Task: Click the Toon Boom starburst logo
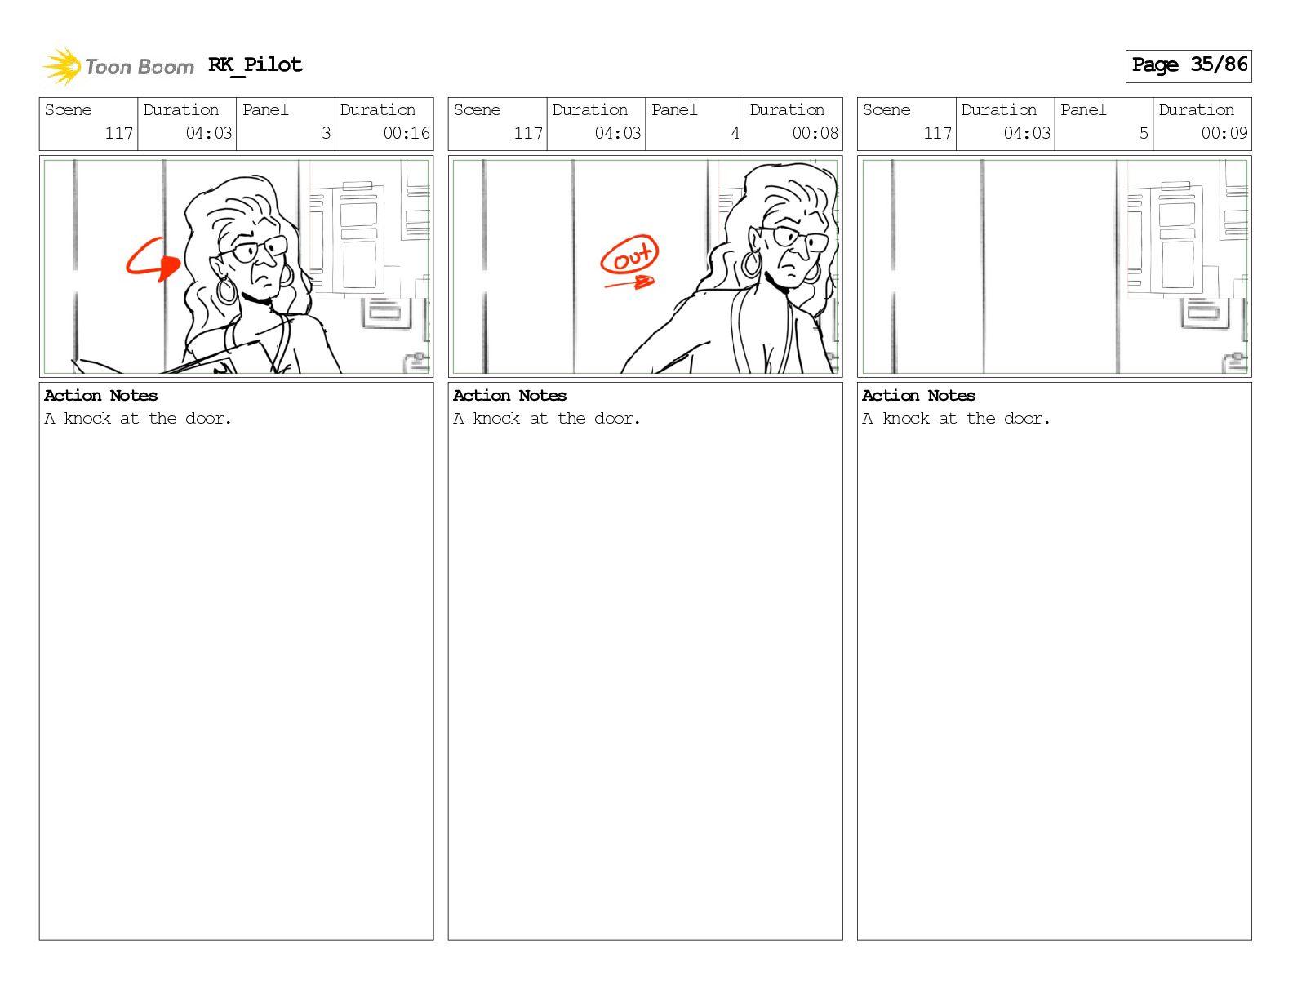62,66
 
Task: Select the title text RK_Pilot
255,64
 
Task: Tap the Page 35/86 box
1189,66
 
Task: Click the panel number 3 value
326,133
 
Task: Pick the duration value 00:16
406,133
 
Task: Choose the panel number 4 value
735,133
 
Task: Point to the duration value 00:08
815,133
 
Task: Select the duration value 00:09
1224,133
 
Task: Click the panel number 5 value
1144,133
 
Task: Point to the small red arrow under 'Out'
629,282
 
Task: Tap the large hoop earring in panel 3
226,290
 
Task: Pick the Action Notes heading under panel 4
509,396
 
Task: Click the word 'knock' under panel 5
905,418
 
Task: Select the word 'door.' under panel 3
207,418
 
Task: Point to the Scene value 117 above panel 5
937,133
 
